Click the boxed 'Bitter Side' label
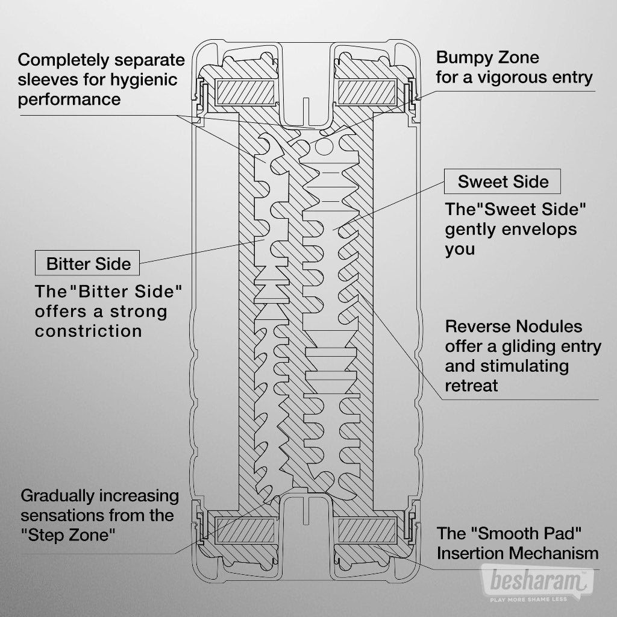(88, 264)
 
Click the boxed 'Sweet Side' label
(503, 181)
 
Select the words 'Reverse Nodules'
(513, 327)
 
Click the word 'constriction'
(89, 331)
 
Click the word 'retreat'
(471, 386)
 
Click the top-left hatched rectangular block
(246, 92)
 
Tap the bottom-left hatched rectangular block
(246, 530)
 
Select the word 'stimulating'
(506, 366)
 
